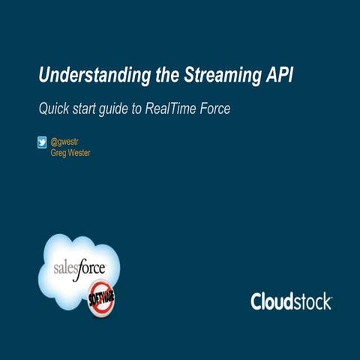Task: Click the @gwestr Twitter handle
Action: (x=64, y=140)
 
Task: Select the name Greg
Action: (x=58, y=152)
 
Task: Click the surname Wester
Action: (x=79, y=152)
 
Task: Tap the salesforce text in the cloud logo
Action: (x=80, y=268)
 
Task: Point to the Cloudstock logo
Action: (x=291, y=301)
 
